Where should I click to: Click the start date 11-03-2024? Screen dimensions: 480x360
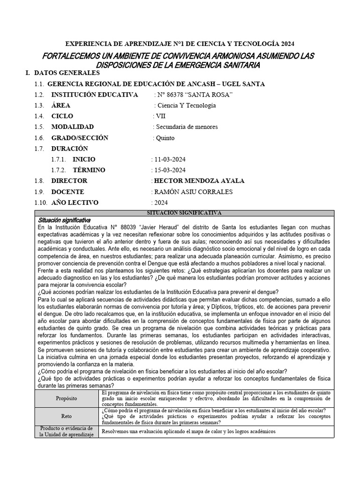pyautogui.click(x=170, y=159)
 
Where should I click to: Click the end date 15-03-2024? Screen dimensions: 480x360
pyautogui.click(x=170, y=170)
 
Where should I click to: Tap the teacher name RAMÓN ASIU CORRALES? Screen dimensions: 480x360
pyautogui.click(x=193, y=192)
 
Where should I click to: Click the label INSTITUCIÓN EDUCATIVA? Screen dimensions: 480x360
pyautogui.click(x=95, y=95)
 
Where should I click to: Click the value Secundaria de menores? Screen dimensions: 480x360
pyautogui.click(x=187, y=127)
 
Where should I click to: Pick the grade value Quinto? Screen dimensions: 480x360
pyautogui.click(x=165, y=138)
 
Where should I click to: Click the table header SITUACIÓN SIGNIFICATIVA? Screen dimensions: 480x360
pyautogui.click(x=184, y=212)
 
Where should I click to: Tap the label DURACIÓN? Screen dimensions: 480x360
pyautogui.click(x=70, y=149)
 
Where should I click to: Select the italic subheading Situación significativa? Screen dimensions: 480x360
pyautogui.click(x=64, y=220)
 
